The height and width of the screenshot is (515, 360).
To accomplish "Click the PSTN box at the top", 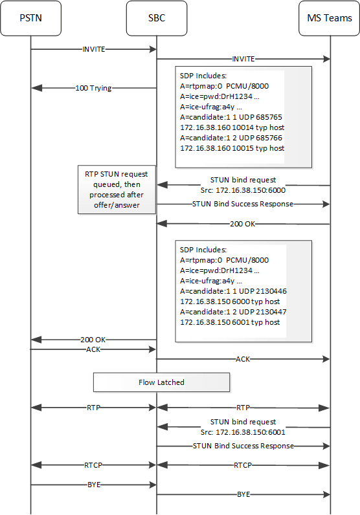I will pyautogui.click(x=30, y=17).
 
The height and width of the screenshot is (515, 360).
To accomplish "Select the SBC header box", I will pyautogui.click(x=157, y=17).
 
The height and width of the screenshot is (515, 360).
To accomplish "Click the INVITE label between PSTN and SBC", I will pyautogui.click(x=95, y=49).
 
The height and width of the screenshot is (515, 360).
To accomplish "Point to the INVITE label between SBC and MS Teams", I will pyautogui.click(x=243, y=59).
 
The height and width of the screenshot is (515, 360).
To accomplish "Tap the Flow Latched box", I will pyautogui.click(x=161, y=382).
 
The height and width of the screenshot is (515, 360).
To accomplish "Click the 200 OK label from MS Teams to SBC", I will pyautogui.click(x=243, y=225).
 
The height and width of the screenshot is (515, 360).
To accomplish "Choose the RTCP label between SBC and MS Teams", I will pyautogui.click(x=243, y=465).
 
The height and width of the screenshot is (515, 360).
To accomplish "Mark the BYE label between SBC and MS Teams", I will pyautogui.click(x=243, y=494).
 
